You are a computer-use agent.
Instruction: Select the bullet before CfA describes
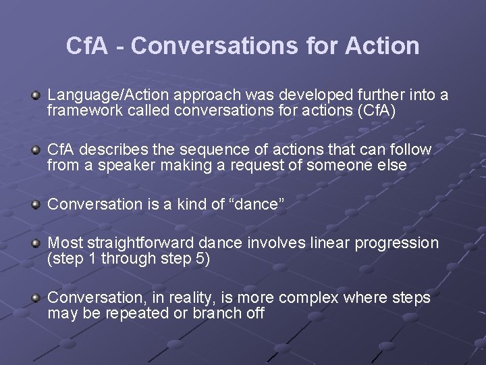tap(36, 149)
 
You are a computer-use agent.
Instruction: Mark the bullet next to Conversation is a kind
tap(36, 203)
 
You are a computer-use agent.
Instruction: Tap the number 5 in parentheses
tap(200, 258)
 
